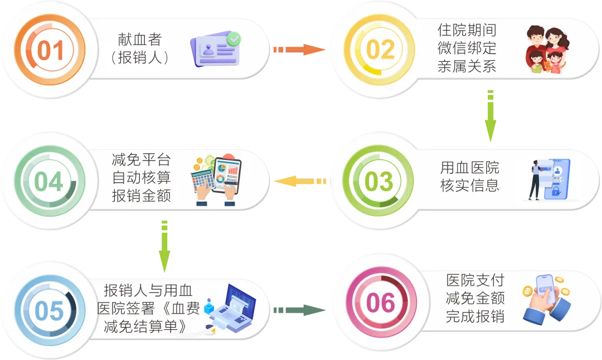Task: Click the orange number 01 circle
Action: [x=50, y=51]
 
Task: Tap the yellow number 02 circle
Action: [x=380, y=50]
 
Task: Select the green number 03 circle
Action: [x=379, y=182]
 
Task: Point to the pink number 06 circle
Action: [x=381, y=304]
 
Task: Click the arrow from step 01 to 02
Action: [x=299, y=50]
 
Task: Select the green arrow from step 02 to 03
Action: [x=490, y=116]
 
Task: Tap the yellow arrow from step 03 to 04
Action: [x=300, y=182]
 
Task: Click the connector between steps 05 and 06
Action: [x=300, y=309]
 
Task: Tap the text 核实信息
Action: [x=469, y=186]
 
